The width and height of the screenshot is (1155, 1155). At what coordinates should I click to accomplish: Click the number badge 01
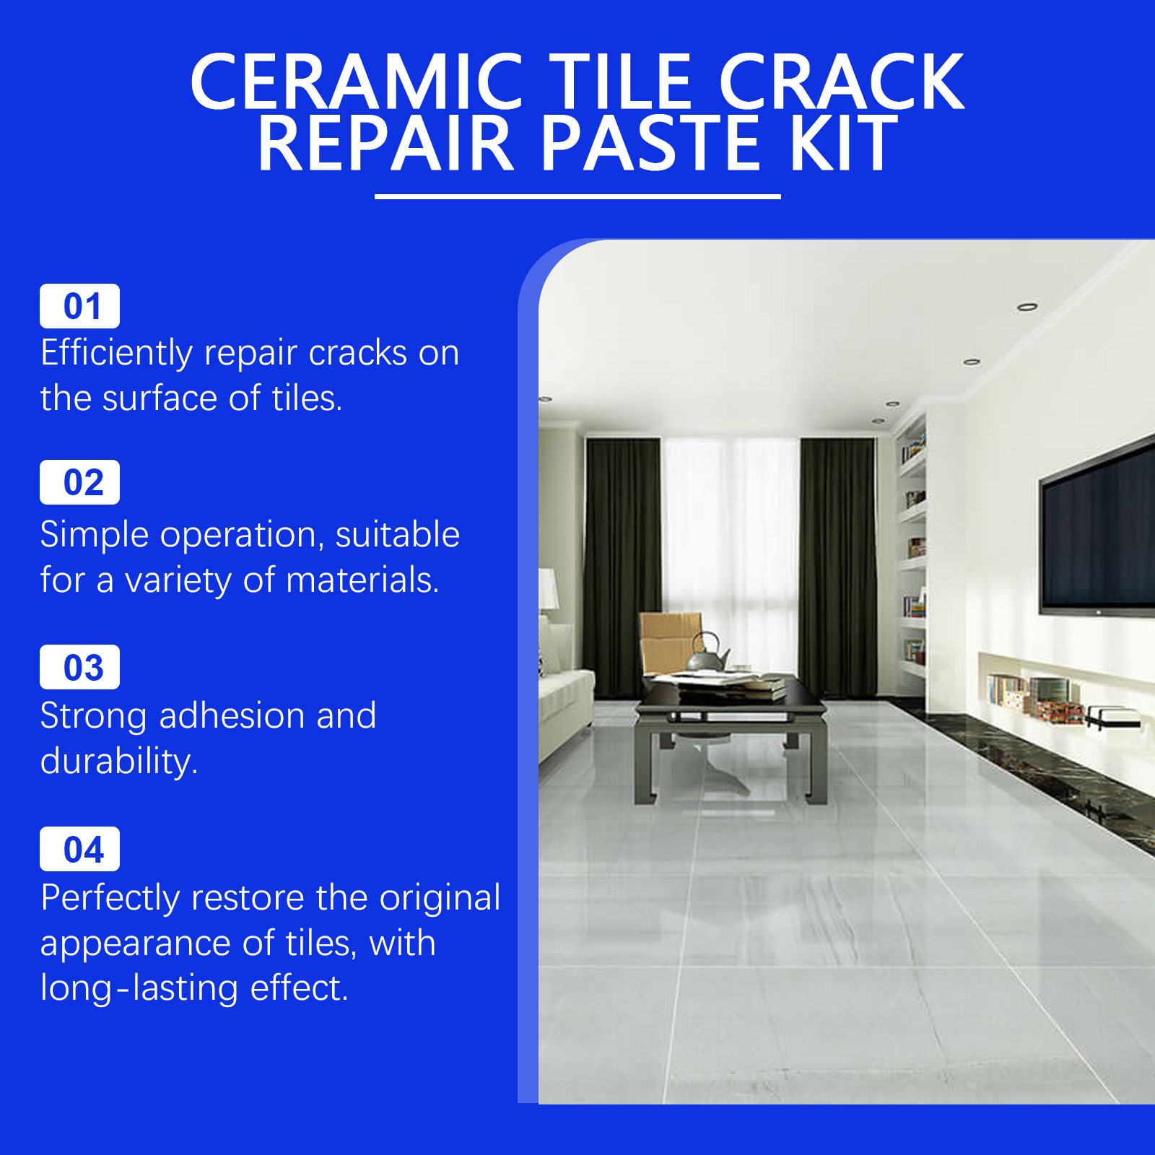pyautogui.click(x=79, y=306)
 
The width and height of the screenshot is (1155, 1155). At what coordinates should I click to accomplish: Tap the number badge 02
pyautogui.click(x=79, y=482)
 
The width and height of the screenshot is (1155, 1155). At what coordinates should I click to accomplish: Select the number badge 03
pyautogui.click(x=79, y=667)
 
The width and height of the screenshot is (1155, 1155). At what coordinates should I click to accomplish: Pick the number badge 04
pyautogui.click(x=79, y=849)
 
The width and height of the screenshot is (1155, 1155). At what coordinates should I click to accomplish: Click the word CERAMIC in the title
pyautogui.click(x=357, y=82)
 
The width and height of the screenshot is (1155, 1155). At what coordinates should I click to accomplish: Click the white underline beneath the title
pyautogui.click(x=577, y=196)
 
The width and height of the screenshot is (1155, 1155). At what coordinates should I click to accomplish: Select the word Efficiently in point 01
pyautogui.click(x=117, y=354)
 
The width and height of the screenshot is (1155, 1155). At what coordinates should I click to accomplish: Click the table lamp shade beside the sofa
pyautogui.click(x=549, y=589)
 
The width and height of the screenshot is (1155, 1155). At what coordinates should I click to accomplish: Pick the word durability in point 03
pyautogui.click(x=119, y=762)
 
